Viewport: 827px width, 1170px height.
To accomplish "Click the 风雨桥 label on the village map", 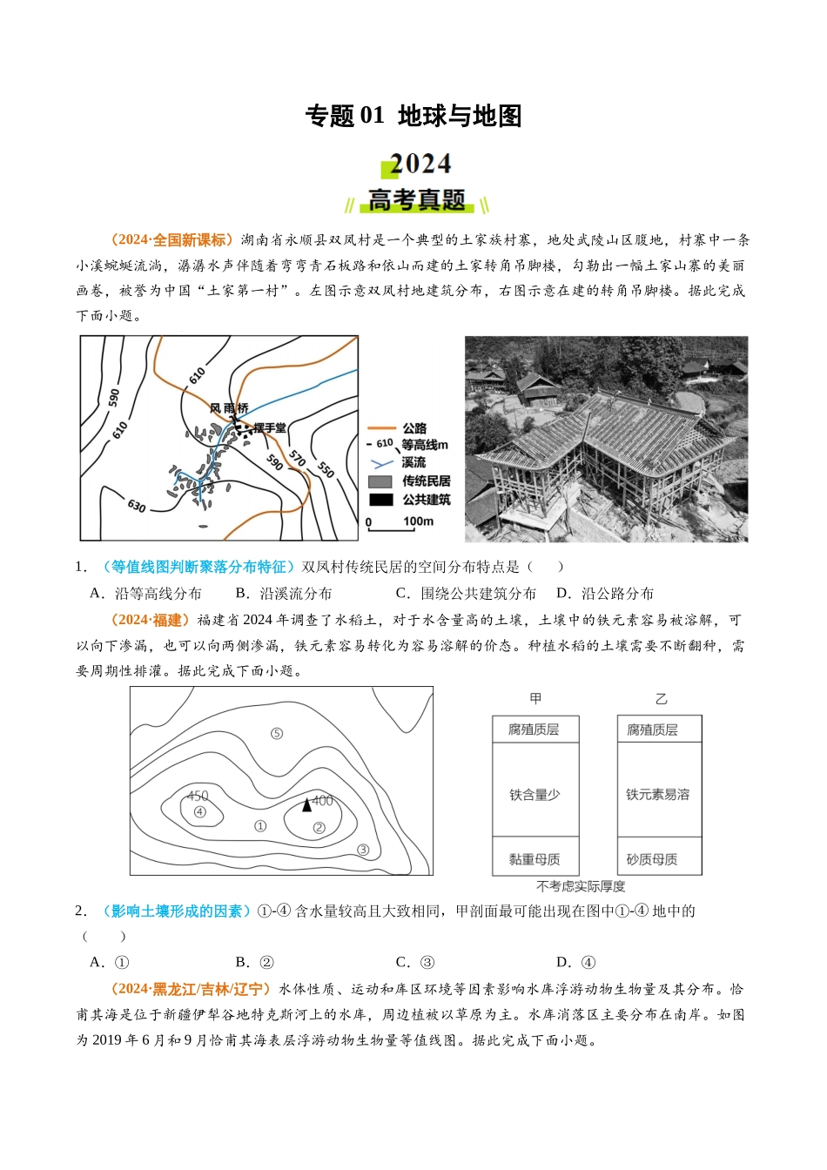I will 229,407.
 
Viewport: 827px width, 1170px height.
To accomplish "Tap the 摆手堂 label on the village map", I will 269,427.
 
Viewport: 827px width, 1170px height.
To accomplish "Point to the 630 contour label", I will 137,505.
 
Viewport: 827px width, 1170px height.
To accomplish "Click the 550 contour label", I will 326,468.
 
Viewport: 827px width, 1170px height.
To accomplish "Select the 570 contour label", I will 298,458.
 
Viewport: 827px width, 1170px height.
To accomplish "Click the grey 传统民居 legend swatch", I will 380,481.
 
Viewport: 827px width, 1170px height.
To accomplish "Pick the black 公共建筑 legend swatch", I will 380,500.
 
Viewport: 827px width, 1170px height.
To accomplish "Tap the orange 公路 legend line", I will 381,428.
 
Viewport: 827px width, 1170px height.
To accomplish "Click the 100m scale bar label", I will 418,521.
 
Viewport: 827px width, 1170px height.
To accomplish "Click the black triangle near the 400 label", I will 306,805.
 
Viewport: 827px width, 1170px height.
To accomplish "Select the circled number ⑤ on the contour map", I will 277,733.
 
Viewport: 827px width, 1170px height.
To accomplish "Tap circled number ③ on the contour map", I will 363,850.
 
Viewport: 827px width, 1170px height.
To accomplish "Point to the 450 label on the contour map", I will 198,796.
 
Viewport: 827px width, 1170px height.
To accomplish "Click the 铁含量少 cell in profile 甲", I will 535,795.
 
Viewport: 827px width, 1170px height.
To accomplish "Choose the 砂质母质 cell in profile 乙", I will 652,859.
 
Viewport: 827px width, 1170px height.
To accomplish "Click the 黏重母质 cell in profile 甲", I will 535,859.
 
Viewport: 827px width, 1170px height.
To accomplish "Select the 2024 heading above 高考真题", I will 420,164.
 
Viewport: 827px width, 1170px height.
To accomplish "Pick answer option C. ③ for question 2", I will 415,962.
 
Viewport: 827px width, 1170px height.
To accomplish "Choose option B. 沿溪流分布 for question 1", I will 284,593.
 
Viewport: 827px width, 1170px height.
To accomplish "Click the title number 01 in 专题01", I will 372,115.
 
